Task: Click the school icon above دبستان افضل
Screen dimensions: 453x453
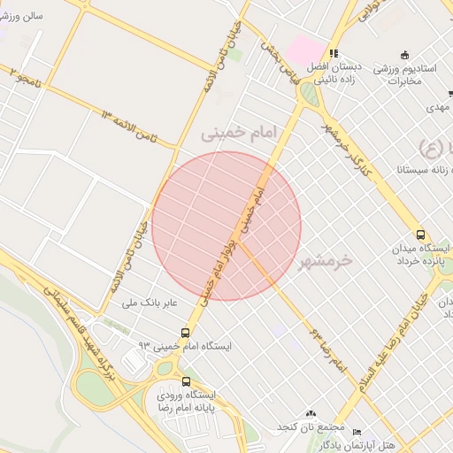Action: [x=334, y=53]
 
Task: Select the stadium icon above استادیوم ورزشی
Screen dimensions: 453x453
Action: [x=405, y=54]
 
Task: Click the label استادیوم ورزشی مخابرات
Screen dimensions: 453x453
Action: [x=408, y=74]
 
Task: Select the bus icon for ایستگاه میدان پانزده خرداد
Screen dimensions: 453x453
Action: [x=419, y=235]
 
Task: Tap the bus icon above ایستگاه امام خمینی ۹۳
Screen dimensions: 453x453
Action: [x=185, y=333]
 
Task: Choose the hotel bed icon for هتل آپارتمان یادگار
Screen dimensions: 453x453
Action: [x=357, y=431]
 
